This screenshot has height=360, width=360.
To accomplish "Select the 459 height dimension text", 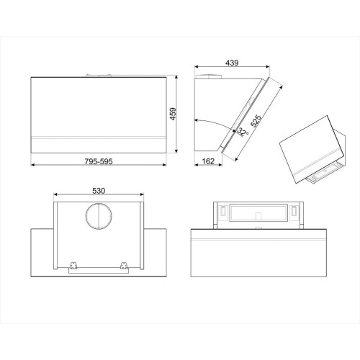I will tap(174, 114).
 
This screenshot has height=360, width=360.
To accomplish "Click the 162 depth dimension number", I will tap(207, 161).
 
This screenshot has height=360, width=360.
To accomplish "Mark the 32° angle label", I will tap(243, 131).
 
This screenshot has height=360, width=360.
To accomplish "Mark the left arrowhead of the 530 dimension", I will tap(57, 196).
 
